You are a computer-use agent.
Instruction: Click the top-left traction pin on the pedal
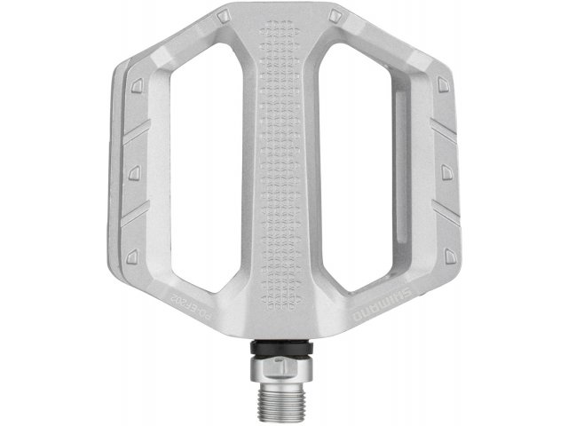[x=223, y=16]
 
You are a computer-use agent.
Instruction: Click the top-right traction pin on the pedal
[x=335, y=16]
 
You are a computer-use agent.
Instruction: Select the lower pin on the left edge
[x=132, y=255]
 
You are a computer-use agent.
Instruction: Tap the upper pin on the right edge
[x=442, y=83]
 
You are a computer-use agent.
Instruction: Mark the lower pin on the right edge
[x=441, y=255]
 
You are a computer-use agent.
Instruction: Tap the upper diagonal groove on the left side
[x=136, y=132]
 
